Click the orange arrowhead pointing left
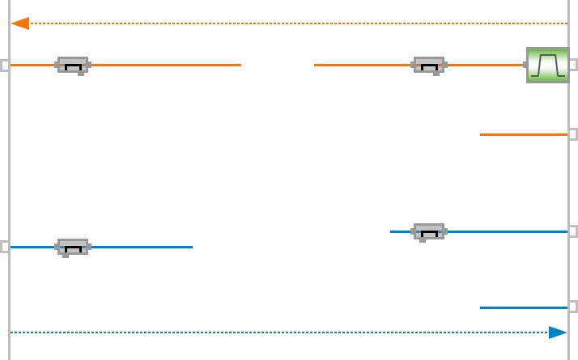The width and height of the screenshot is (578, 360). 20,23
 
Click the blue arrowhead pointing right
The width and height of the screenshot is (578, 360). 558,332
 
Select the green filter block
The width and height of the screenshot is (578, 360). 547,65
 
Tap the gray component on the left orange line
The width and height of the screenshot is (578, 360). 73,65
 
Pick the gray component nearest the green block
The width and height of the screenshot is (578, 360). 428,65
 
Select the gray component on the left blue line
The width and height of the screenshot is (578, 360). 73,247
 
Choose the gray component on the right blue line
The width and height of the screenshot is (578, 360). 429,231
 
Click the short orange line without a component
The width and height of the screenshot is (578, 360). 523,134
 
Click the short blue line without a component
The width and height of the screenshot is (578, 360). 523,307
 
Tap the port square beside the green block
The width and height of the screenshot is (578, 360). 573,65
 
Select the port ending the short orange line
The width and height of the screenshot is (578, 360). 573,134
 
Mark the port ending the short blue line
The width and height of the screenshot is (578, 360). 573,307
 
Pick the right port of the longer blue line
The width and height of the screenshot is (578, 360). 573,231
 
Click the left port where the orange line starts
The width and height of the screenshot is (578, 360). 5,65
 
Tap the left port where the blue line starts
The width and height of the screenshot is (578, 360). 5,247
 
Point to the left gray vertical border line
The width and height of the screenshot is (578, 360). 10,162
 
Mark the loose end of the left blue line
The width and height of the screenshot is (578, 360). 192,247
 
